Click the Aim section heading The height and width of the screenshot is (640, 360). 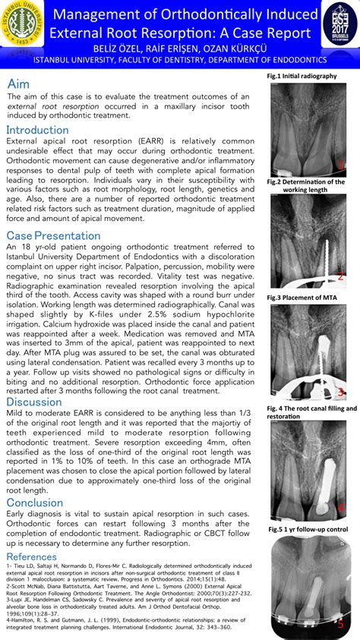tap(19, 84)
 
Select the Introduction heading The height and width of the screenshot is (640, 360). tap(37, 130)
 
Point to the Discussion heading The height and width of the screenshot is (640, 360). tap(34, 402)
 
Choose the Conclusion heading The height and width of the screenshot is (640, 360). tap(35, 503)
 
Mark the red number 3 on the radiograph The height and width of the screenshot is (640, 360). tap(341, 392)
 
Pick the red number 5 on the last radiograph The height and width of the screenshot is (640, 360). tap(341, 623)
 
